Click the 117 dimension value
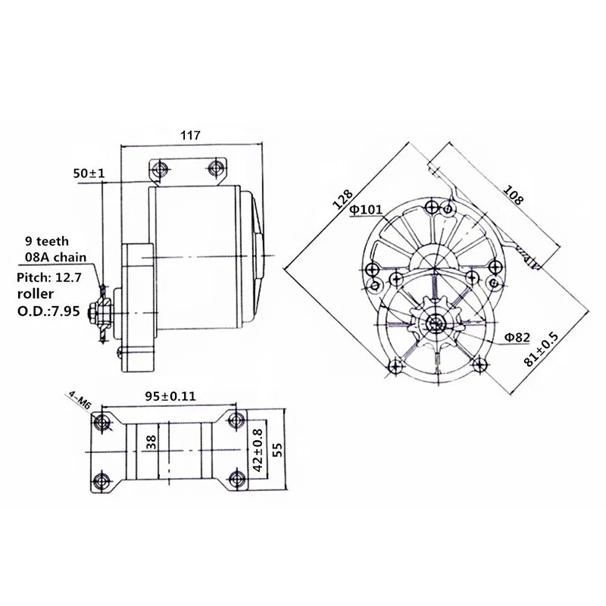pos(191,136)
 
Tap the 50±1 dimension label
pos(89,173)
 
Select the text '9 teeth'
pos(47,241)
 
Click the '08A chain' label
pos(55,257)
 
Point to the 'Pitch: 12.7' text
pos(49,277)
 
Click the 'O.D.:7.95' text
pos(48,311)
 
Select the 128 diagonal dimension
pos(343,199)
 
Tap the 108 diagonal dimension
pos(513,195)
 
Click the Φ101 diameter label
pos(366,210)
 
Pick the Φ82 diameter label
pos(517,337)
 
